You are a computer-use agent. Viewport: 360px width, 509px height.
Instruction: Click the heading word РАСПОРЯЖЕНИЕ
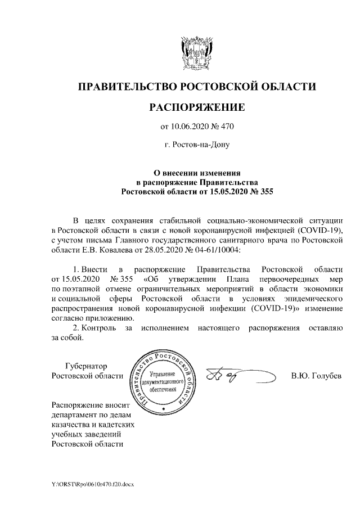(196, 107)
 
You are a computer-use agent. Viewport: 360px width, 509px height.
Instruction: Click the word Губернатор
(86, 366)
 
